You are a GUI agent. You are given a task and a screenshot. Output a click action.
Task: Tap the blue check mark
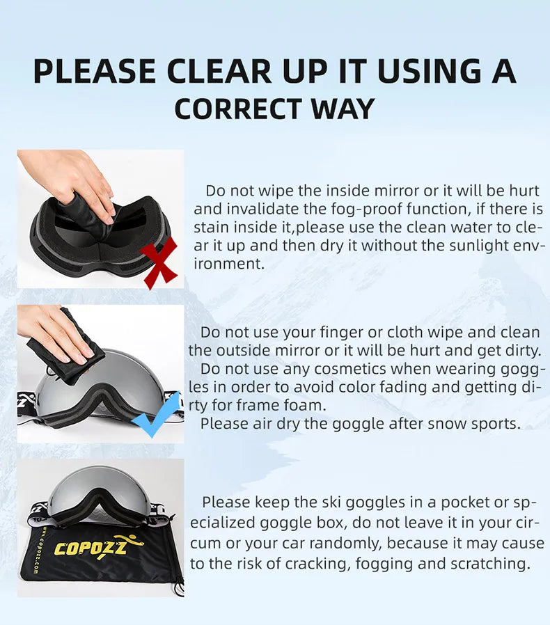(x=157, y=415)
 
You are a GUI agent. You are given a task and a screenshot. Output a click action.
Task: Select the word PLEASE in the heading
(x=94, y=72)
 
